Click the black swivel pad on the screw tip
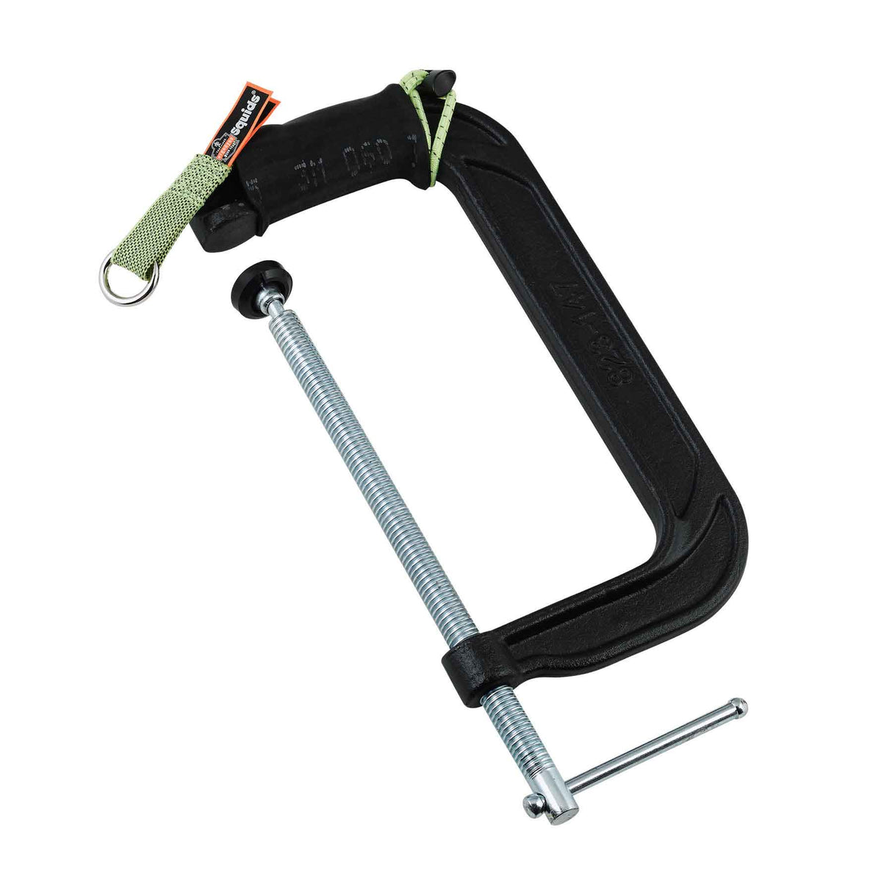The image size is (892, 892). point(253,283)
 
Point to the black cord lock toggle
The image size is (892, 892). point(444,82)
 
